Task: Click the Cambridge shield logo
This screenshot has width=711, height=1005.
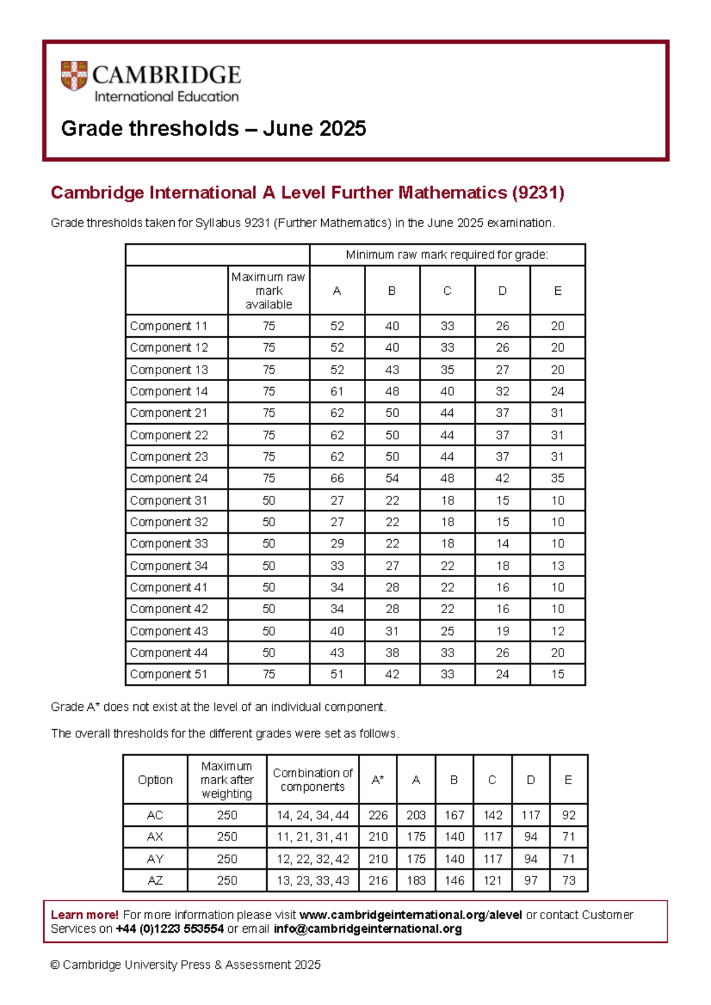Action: (74, 76)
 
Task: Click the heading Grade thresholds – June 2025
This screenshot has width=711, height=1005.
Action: (213, 128)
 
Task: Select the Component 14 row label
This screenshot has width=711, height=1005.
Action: (169, 391)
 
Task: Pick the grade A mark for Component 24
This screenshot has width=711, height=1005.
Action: (337, 478)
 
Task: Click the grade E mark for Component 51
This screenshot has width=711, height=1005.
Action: (558, 674)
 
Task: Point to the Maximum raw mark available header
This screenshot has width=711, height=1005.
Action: (268, 291)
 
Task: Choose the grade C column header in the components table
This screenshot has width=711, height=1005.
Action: (447, 291)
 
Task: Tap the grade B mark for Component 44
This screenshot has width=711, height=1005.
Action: (392, 652)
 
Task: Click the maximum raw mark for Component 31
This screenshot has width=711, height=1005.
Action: (268, 500)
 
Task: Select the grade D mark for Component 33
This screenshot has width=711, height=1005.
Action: (502, 543)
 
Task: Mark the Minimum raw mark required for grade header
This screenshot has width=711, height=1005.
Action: (447, 255)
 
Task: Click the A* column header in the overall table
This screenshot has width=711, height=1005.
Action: (378, 780)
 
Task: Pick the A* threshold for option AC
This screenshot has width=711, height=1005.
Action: (378, 815)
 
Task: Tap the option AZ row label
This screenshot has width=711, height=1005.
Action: (155, 880)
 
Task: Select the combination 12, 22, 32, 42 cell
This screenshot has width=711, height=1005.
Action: (312, 859)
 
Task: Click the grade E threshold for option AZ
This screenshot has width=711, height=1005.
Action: (568, 880)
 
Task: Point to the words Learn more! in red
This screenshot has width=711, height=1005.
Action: (85, 914)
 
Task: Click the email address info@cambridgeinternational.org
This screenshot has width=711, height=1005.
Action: (367, 929)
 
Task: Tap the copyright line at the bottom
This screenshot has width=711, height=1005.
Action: (185, 965)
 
